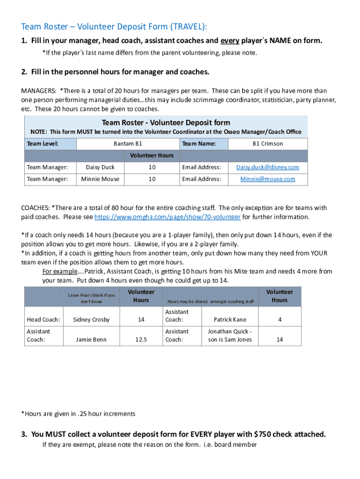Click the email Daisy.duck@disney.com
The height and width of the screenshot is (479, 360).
(x=267, y=167)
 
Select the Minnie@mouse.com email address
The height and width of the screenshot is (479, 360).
(x=267, y=179)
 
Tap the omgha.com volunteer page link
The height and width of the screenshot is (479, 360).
(x=167, y=217)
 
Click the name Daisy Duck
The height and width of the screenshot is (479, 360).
(x=100, y=167)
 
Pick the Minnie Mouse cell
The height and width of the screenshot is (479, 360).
(x=100, y=179)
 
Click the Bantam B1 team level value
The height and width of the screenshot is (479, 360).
(x=128, y=144)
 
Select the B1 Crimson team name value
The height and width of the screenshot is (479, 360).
(x=267, y=144)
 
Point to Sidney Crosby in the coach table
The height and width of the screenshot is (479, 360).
(x=92, y=319)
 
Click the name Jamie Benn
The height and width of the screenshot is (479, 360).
(x=92, y=340)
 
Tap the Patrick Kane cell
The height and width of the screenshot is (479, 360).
(x=230, y=319)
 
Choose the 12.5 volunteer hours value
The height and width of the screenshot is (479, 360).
(x=141, y=340)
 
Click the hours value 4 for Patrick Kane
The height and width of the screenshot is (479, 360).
(x=280, y=319)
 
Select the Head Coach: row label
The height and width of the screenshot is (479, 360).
(x=43, y=319)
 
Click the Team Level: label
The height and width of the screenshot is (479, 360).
(x=43, y=144)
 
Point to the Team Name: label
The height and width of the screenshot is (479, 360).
(x=199, y=144)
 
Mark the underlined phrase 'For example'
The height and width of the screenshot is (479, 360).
(x=59, y=271)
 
